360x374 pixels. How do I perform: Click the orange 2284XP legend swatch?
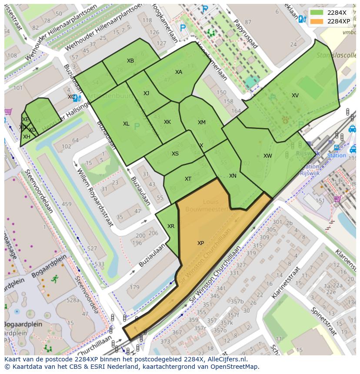(x=317, y=21)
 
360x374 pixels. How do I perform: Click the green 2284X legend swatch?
(x=317, y=13)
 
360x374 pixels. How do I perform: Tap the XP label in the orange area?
(x=200, y=243)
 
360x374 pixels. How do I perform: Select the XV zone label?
(x=295, y=96)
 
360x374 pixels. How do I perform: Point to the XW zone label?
(x=267, y=156)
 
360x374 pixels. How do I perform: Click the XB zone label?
(x=130, y=61)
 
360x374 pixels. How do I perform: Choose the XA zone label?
(x=179, y=72)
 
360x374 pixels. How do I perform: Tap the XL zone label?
(x=126, y=124)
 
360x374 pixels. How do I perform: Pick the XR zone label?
(x=171, y=226)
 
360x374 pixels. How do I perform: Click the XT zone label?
(x=188, y=179)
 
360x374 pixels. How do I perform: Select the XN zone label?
(x=233, y=176)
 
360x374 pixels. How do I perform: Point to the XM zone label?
(x=201, y=122)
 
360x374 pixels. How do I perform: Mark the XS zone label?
(x=175, y=154)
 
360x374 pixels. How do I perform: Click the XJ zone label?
(x=146, y=93)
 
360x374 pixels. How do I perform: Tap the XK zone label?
(x=167, y=122)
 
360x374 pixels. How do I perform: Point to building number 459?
(x=67, y=204)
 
